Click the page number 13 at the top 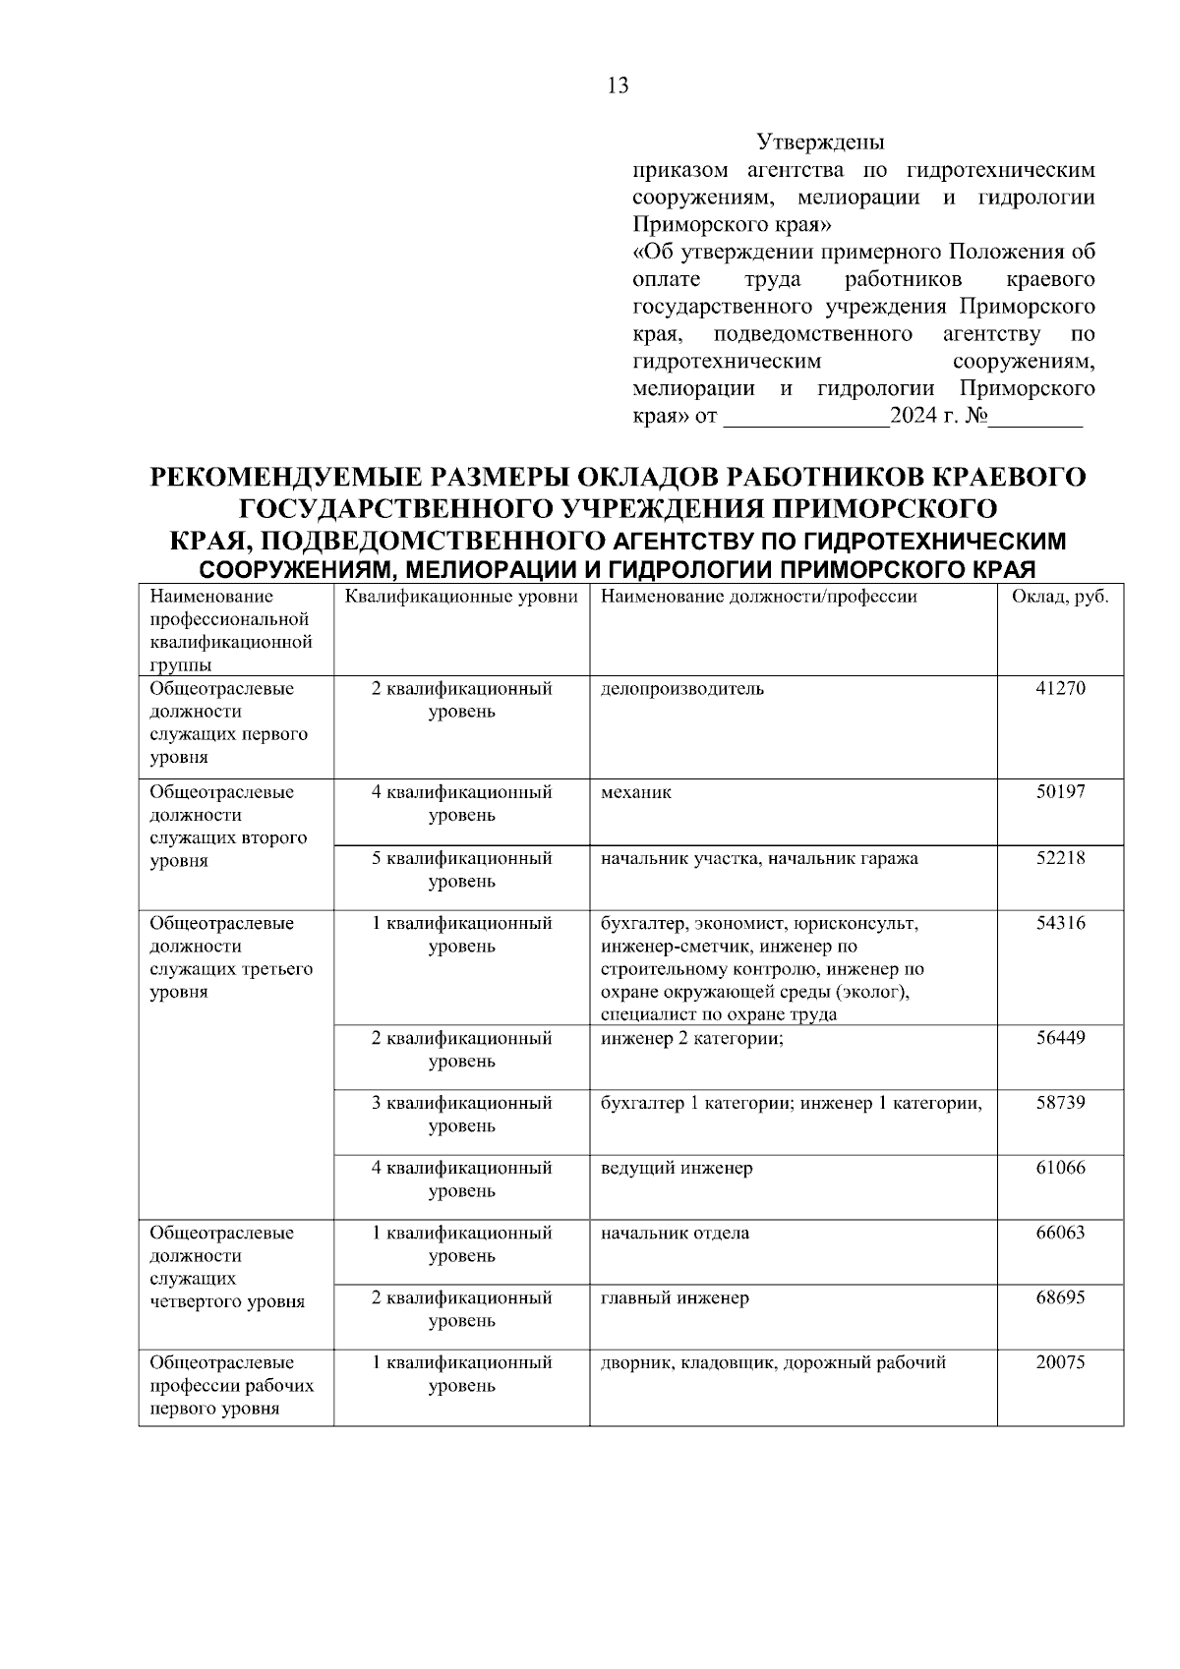[618, 86]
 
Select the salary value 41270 [1060, 689]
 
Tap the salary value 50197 [1060, 792]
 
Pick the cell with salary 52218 [1060, 858]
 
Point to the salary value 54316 [1060, 923]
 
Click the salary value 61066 [1060, 1168]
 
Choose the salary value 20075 [1060, 1363]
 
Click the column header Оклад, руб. [1060, 597]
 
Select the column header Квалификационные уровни [461, 597]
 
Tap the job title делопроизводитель [681, 689]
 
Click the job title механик [636, 792]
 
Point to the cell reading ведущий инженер [677, 1168]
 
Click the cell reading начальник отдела [675, 1233]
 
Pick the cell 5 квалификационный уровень [461, 869]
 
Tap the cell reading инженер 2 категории [691, 1038]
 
